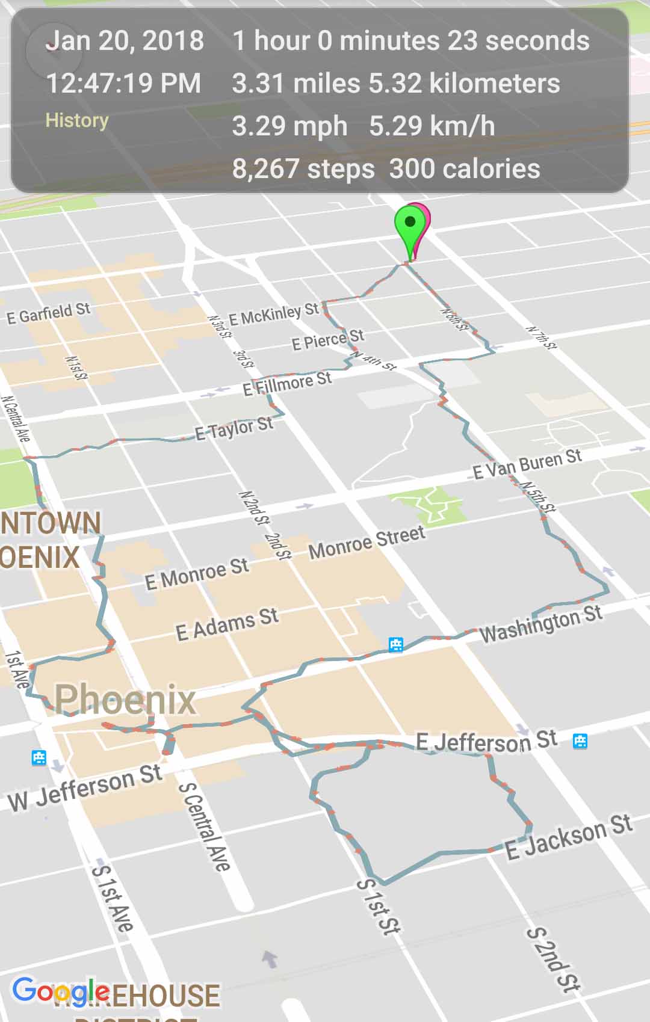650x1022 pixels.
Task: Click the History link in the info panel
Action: (x=77, y=120)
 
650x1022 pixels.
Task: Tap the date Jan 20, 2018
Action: (x=125, y=41)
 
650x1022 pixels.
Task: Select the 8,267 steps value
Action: (x=303, y=169)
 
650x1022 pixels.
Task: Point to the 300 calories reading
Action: (x=465, y=169)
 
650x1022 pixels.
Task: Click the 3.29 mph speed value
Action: (x=289, y=126)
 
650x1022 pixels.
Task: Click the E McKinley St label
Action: (x=274, y=314)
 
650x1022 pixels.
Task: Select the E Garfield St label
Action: (x=48, y=313)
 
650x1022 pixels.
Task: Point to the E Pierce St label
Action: (x=327, y=339)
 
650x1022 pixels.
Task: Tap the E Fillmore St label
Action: (x=287, y=384)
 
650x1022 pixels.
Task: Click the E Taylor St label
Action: (x=234, y=429)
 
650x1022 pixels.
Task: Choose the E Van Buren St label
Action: (x=527, y=464)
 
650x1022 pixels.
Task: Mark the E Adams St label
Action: (x=227, y=624)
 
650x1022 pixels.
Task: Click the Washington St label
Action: (x=540, y=623)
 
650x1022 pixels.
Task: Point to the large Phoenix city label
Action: (x=125, y=699)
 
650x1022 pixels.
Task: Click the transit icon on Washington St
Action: (x=395, y=644)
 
